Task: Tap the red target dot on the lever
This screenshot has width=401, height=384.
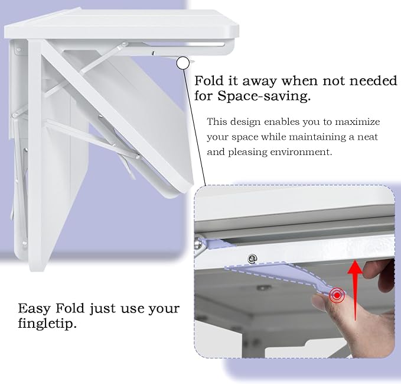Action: pyautogui.click(x=337, y=294)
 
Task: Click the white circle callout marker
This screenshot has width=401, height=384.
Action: pyautogui.click(x=183, y=62)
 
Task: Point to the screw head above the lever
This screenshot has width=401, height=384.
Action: pyautogui.click(x=252, y=258)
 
